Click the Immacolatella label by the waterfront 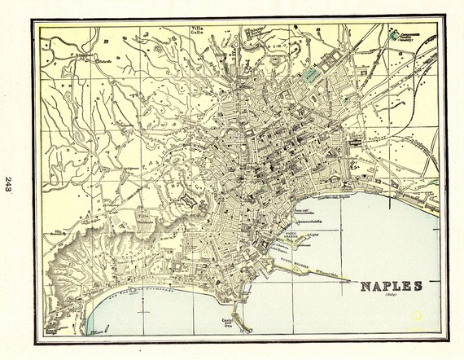tap(303, 217)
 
